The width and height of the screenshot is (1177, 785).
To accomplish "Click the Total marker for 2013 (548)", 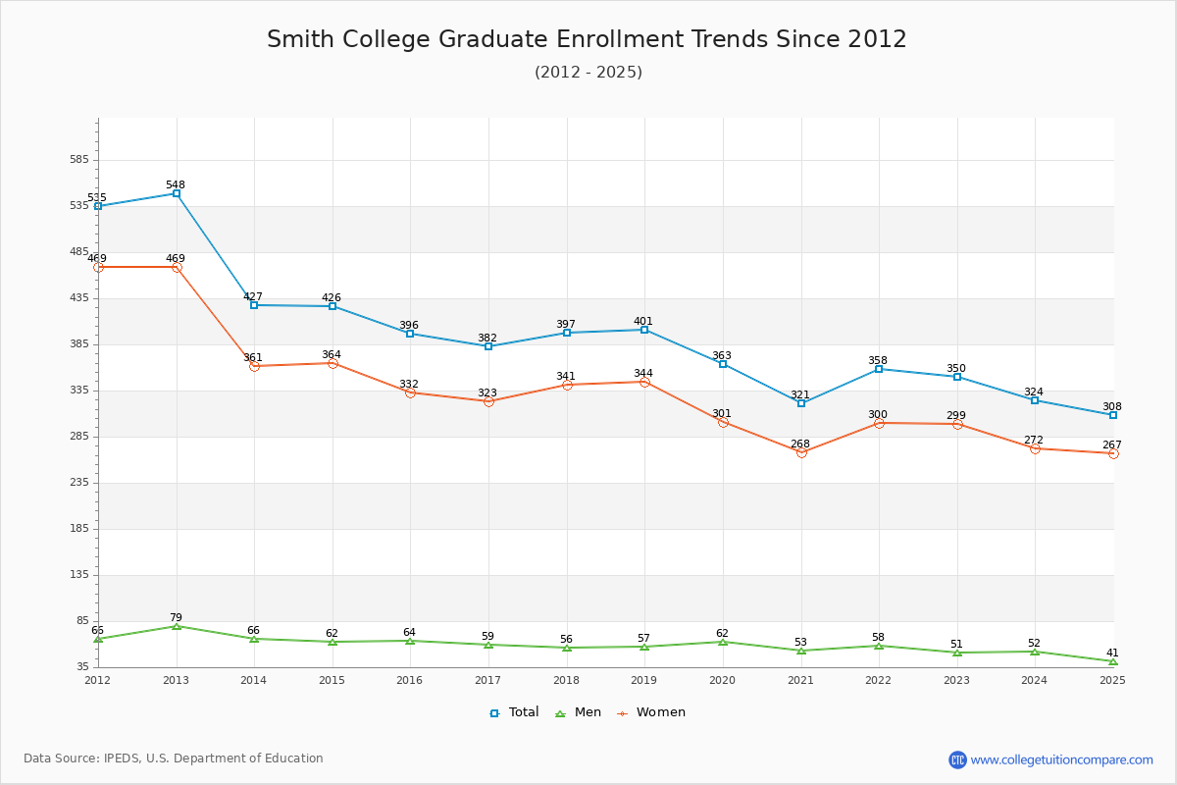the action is point(177,193).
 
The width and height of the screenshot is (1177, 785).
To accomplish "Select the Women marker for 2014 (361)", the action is point(254,366).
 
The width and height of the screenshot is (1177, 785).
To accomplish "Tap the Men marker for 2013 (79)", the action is point(177,626).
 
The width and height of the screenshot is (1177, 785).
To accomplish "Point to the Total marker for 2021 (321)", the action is point(801,403).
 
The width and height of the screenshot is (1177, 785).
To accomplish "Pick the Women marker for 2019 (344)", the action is point(644,382).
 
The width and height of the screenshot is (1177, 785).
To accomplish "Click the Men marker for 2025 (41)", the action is point(1113,661).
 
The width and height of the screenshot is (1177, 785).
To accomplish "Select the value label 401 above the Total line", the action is point(643,321).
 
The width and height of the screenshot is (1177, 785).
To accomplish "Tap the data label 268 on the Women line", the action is point(800,444).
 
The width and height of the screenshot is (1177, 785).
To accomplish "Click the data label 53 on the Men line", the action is point(800,642).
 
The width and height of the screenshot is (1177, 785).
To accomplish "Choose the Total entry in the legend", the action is point(514,712).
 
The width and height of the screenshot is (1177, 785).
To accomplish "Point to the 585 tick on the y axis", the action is point(78,160).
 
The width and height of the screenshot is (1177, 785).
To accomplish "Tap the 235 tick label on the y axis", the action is point(78,483).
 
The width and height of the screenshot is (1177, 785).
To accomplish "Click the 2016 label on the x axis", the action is point(409,680).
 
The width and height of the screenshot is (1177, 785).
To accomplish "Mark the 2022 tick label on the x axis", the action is point(878,680).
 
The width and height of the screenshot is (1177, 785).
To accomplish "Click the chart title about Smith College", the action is point(587,39).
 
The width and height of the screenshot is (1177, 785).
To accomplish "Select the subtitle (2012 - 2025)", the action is point(588,72).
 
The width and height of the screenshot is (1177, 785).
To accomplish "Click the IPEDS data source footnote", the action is point(174,759).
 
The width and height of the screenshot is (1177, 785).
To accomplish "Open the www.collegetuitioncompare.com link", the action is point(1061,759).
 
